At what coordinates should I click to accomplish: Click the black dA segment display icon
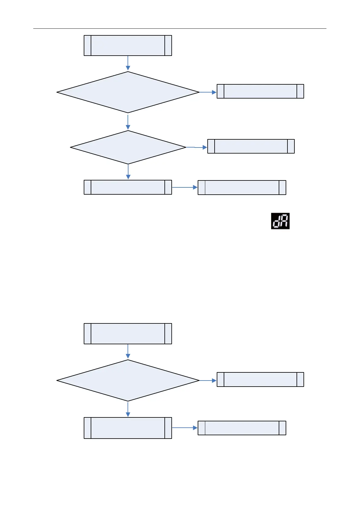click(280, 221)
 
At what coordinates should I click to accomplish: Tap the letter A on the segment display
click(284, 221)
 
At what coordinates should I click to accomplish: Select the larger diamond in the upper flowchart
click(128, 92)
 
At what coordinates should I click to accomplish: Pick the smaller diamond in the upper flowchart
click(128, 147)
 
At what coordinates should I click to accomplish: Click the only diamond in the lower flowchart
click(128, 380)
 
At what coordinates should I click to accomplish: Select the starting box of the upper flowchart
click(128, 45)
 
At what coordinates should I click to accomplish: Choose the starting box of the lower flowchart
click(128, 333)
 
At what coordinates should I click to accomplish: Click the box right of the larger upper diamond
click(260, 91)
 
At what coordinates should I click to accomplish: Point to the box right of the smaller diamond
click(251, 146)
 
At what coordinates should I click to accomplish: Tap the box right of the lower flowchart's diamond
click(260, 379)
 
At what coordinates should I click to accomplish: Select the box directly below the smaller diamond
click(128, 187)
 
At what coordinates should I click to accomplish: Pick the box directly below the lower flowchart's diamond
click(128, 428)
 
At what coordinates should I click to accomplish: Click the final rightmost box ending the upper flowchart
click(242, 187)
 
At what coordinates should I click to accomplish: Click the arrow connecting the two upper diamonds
click(128, 122)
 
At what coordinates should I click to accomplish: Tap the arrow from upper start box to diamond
click(128, 63)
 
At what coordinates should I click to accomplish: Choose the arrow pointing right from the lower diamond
click(208, 380)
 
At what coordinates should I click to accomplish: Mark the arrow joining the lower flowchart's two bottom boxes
click(185, 428)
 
